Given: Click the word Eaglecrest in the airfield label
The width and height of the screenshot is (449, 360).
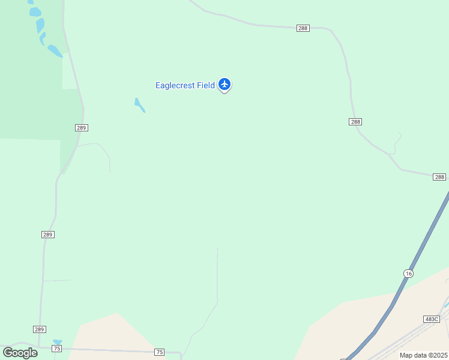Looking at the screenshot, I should [175, 85].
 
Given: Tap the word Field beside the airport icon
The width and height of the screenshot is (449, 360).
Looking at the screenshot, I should [205, 85].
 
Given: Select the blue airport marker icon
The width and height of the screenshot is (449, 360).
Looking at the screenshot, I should [224, 84].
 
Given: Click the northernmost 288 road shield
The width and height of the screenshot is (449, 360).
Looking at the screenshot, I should [303, 28].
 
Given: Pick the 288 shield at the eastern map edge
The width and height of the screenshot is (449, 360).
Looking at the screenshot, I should [439, 177].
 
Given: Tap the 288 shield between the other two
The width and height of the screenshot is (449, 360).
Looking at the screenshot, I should [355, 122].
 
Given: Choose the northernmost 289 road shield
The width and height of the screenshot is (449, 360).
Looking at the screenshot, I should [82, 128].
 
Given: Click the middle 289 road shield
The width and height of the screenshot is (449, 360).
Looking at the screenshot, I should [49, 234].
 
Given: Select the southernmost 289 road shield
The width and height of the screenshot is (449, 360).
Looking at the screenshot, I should [40, 329].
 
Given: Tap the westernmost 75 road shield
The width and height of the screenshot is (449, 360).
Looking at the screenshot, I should [57, 349].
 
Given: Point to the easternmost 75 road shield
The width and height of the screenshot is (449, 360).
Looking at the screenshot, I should [159, 352].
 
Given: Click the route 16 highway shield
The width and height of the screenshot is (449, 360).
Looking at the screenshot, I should [408, 273].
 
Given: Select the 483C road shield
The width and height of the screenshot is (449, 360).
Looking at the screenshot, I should [431, 319].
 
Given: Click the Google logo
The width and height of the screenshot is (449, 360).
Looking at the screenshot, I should [20, 352].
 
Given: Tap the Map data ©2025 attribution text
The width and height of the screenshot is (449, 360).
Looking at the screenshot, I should [423, 355].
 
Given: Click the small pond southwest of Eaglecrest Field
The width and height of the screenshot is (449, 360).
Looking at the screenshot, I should [139, 105].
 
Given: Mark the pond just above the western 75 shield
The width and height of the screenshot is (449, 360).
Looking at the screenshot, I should [58, 342].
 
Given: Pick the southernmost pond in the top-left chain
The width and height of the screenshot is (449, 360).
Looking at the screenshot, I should [55, 51].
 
